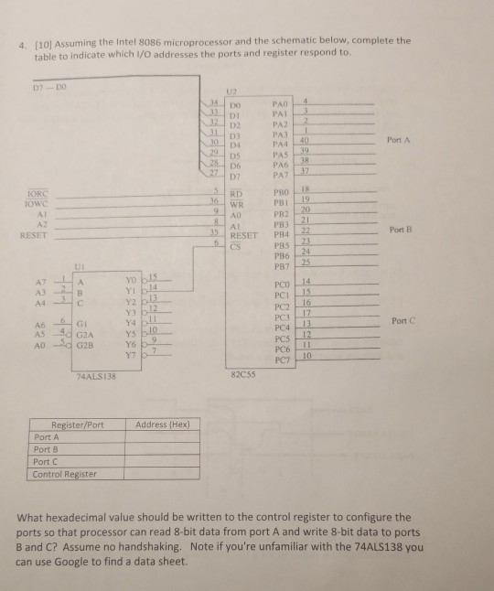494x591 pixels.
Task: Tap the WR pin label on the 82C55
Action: tap(237, 205)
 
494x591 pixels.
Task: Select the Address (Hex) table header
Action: tap(163, 424)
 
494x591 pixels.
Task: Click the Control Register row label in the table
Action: tap(65, 473)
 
